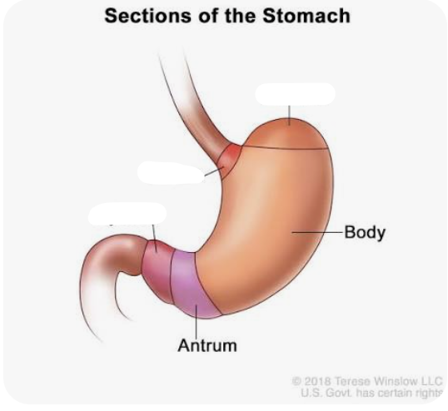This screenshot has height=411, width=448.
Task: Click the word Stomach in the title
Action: [306, 16]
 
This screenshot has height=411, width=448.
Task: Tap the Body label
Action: [365, 233]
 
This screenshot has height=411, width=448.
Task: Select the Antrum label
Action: [207, 345]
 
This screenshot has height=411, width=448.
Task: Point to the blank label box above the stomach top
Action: [295, 94]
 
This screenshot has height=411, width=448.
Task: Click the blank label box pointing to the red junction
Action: [172, 172]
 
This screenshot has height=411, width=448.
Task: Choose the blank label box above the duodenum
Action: [127, 214]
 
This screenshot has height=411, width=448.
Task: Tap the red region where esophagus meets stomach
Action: [230, 160]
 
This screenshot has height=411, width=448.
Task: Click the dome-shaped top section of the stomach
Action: [286, 134]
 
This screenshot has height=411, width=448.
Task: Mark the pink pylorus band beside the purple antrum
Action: [157, 271]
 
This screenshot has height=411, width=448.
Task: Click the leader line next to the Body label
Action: [317, 233]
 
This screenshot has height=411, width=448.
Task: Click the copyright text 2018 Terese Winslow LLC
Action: [367, 381]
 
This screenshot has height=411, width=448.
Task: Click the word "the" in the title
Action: [239, 16]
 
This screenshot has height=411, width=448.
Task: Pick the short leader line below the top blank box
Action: [290, 116]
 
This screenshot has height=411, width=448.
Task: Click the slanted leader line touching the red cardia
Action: [214, 171]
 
